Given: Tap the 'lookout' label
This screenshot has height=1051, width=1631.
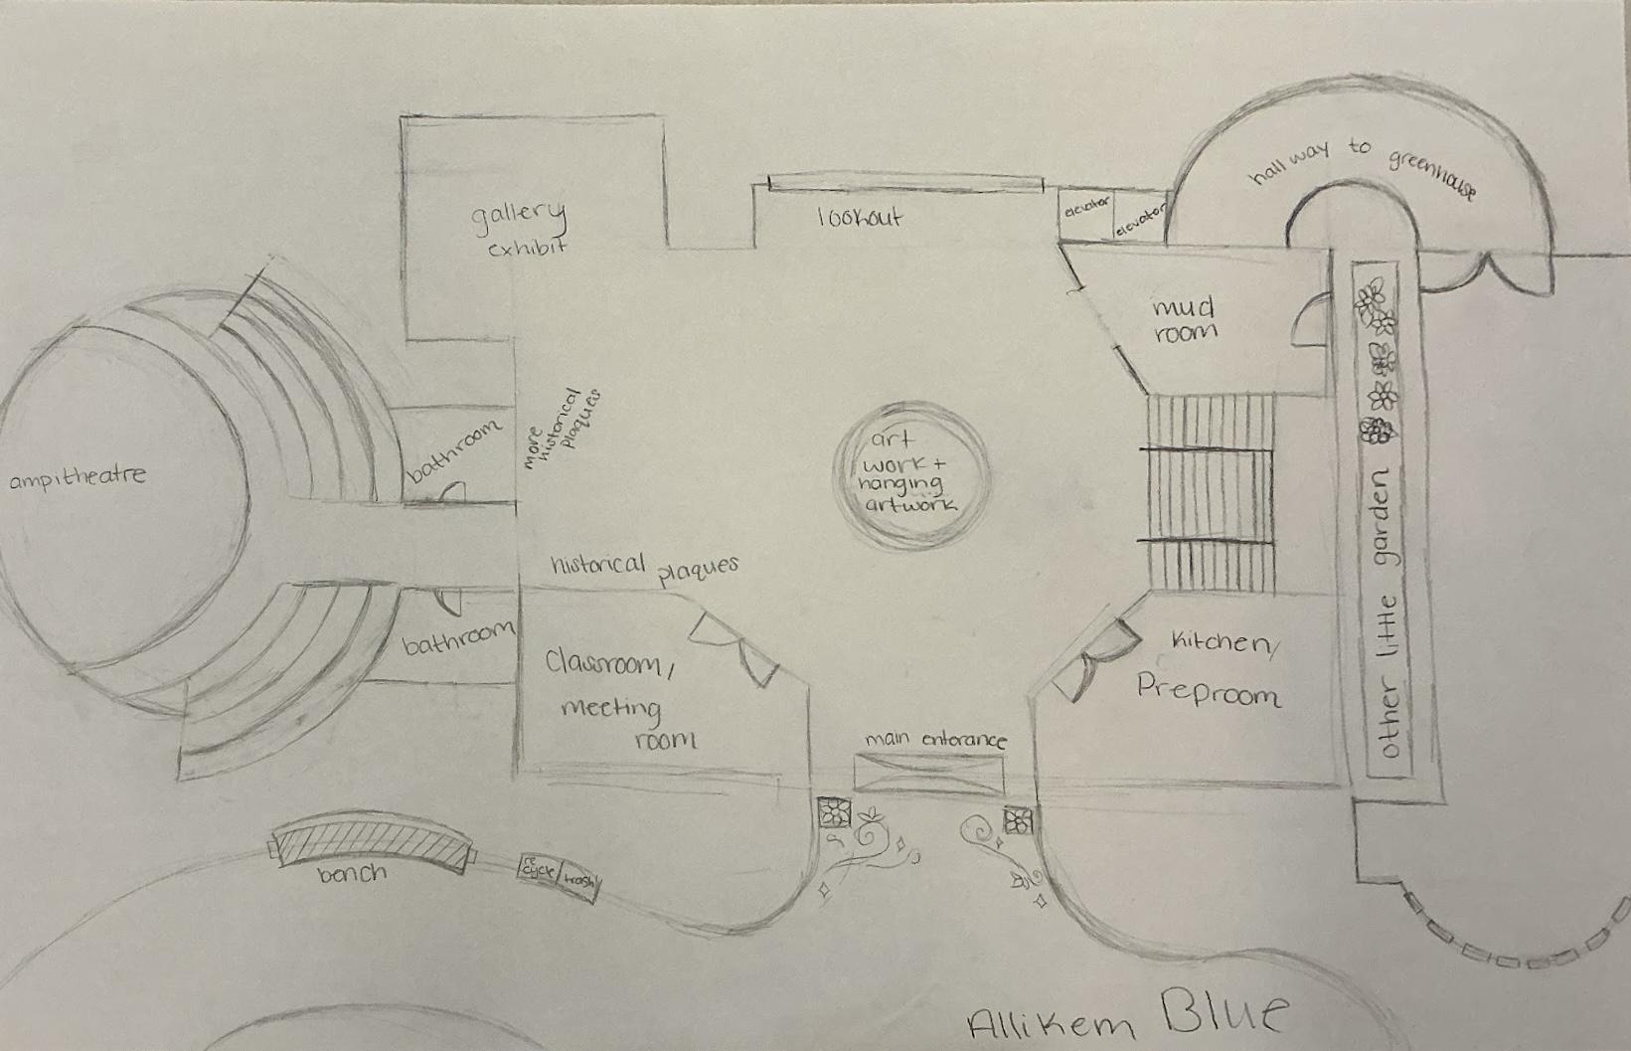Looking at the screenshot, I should point(859,218).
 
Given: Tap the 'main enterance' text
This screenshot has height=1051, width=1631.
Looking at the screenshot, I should point(934,741).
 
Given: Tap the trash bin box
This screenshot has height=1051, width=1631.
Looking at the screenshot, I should point(578,881).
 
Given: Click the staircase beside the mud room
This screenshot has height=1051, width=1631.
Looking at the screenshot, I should point(1209,493).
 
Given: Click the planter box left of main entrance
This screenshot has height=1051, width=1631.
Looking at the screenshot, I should point(833,812).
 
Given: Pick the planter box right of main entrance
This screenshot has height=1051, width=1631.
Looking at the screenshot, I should point(1018,821).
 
